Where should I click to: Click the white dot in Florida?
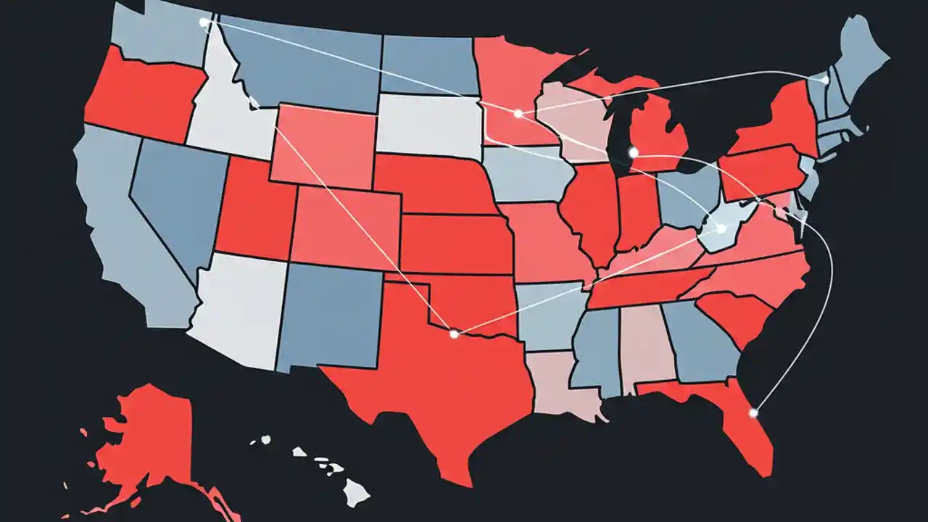(x=753, y=413)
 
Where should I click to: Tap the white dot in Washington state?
(x=204, y=22)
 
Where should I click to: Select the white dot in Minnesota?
(x=518, y=114)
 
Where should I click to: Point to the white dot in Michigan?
(x=633, y=152)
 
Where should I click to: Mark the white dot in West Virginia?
(x=721, y=229)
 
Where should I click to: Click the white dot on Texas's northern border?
(x=454, y=334)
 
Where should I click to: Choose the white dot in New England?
(x=825, y=80)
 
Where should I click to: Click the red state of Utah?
(x=254, y=214)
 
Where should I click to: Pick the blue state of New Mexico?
(x=330, y=315)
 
